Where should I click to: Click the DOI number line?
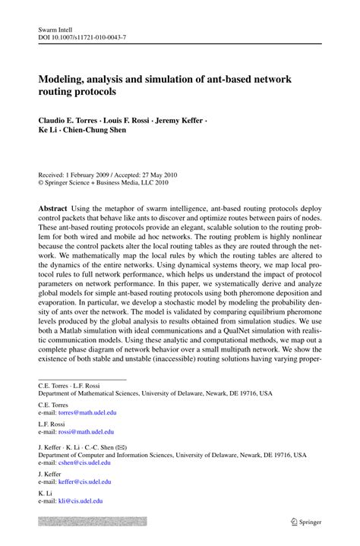point(82,37)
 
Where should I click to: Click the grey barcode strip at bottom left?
point(93,522)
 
